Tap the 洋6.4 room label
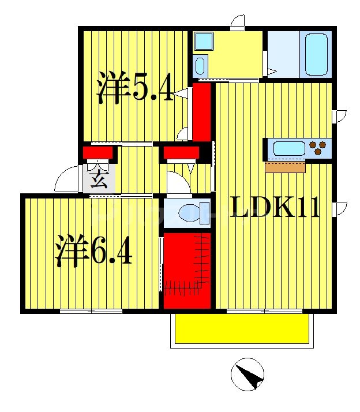point(94,249)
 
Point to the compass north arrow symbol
point(247,374)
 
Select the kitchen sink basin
point(288,148)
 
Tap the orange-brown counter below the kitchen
point(285,167)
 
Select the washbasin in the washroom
point(200,65)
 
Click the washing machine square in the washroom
point(202,41)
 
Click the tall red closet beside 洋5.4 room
point(201,111)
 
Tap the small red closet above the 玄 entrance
point(99,153)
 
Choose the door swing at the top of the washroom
point(237,23)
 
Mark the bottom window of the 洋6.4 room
point(91,312)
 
